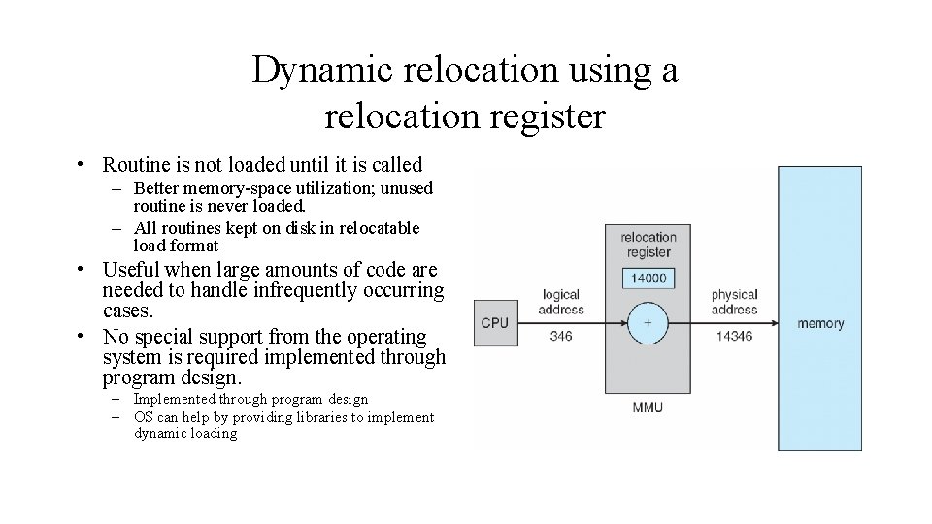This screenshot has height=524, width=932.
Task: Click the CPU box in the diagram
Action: pos(494,322)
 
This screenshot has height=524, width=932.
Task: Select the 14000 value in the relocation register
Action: pos(648,278)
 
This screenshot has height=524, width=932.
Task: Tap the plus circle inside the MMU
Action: pos(648,322)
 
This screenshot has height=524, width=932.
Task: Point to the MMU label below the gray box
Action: pos(648,407)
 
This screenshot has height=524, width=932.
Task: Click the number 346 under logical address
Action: pos(560,337)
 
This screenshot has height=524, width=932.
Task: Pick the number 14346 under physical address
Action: pos(734,337)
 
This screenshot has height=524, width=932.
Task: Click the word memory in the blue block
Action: pos(820,323)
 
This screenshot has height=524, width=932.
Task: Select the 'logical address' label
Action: pos(561,302)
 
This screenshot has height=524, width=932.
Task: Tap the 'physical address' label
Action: pos(734,302)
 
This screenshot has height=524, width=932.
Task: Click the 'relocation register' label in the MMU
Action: pos(648,245)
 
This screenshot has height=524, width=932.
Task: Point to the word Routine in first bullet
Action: pos(135,165)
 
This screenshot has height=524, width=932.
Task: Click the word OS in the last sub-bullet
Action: pos(144,417)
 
